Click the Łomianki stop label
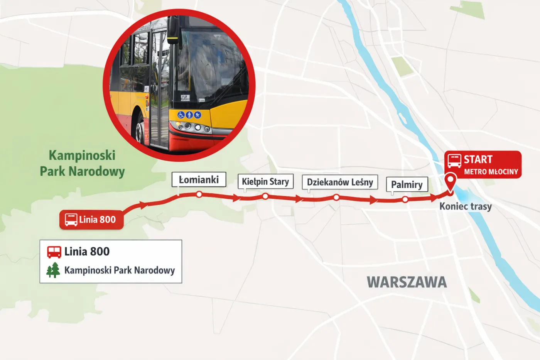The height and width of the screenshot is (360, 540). (199, 179)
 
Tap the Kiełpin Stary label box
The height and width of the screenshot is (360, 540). (265, 181)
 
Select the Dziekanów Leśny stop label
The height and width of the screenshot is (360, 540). (340, 182)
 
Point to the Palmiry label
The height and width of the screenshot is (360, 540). (407, 184)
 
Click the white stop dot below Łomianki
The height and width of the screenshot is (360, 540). (199, 194)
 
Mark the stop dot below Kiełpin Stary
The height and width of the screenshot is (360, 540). (265, 196)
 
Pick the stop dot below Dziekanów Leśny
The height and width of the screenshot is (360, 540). (336, 198)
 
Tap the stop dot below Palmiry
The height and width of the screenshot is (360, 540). (405, 199)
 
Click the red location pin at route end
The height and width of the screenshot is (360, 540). (450, 181)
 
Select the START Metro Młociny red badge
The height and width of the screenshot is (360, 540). (483, 165)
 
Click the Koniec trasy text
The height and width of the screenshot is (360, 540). (466, 206)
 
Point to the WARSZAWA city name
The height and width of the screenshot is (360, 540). (407, 282)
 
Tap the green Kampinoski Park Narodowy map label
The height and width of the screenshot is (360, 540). (82, 163)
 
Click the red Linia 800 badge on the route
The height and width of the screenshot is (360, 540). (91, 220)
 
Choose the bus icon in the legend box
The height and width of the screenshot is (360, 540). (54, 252)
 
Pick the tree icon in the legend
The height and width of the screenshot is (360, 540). (53, 270)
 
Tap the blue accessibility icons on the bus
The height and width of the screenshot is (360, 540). (189, 115)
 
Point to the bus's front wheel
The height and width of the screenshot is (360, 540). (139, 129)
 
